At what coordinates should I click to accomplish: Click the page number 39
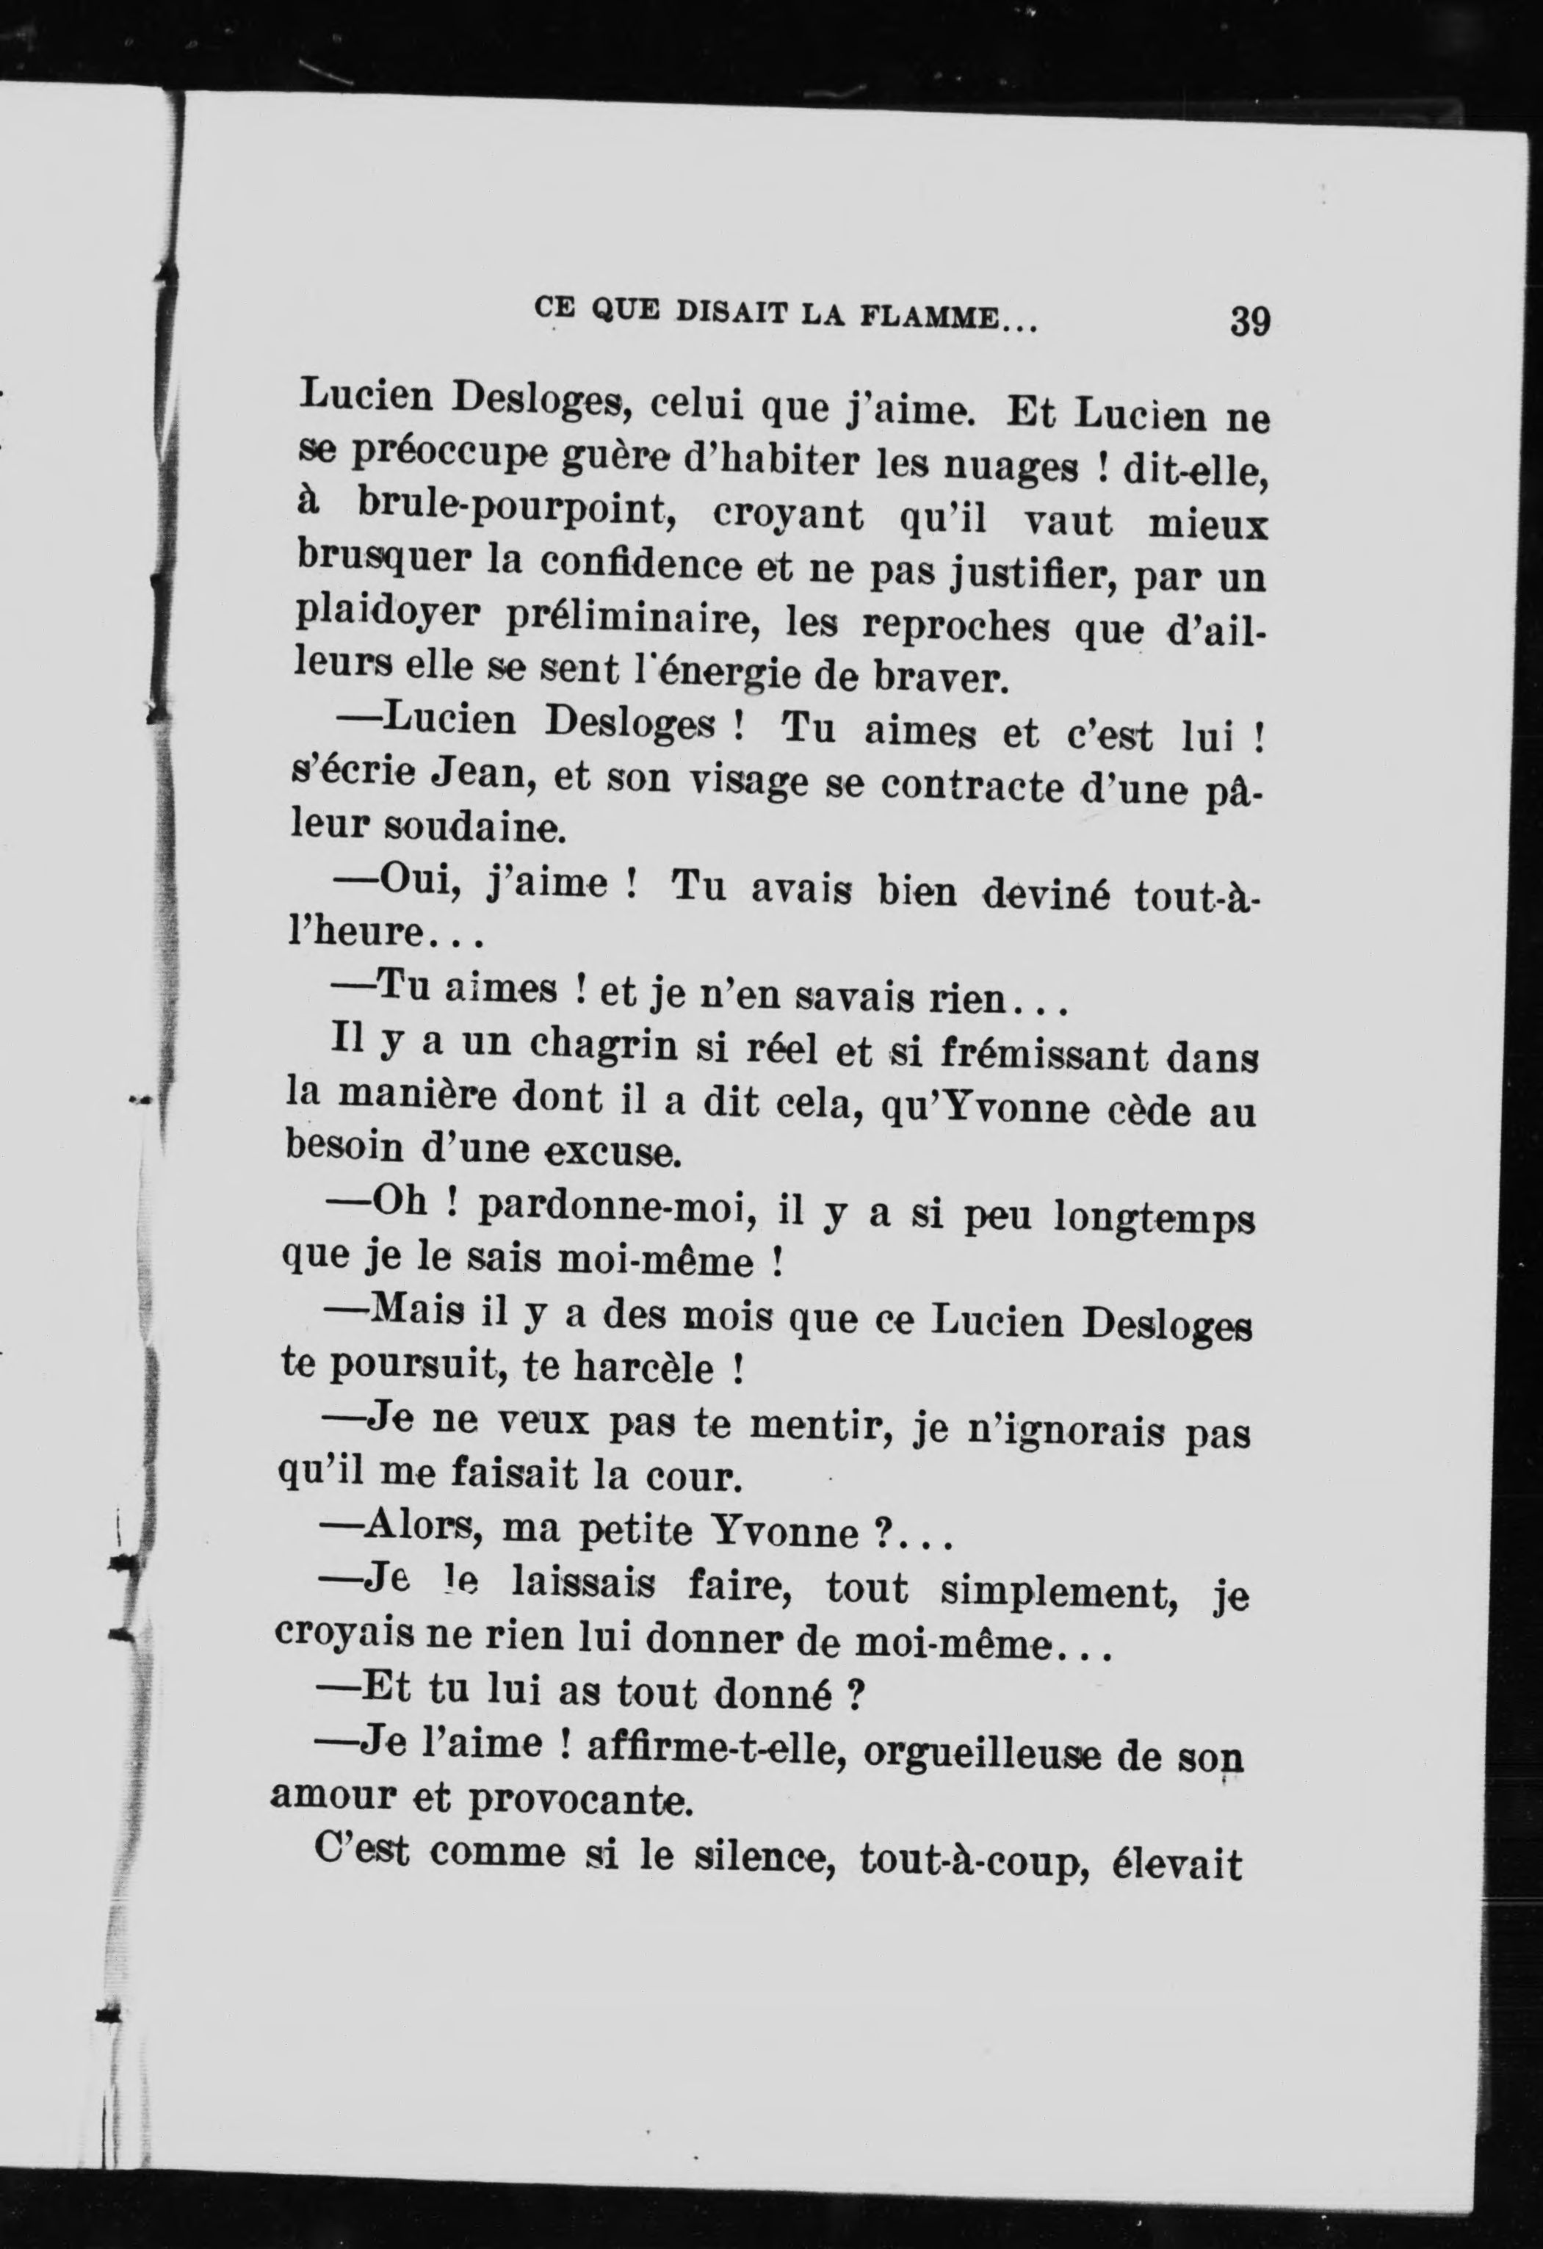(1249, 321)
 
